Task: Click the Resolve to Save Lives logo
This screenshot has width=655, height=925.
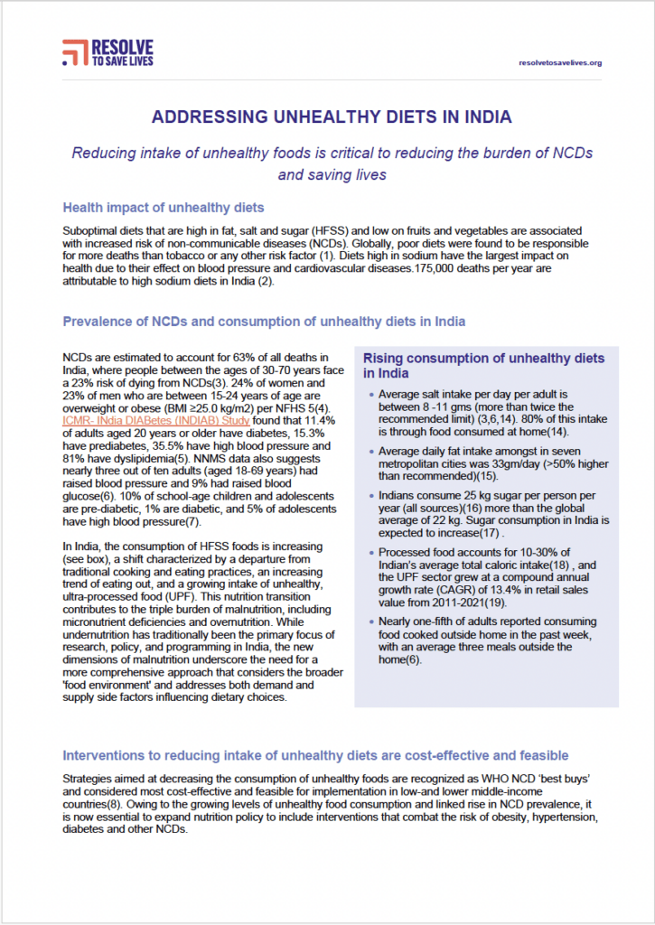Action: [108, 52]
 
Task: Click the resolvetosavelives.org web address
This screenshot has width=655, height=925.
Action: [561, 62]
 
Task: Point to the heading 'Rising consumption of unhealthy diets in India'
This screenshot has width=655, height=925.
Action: [483, 365]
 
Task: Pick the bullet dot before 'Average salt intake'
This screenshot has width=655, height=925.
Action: [371, 396]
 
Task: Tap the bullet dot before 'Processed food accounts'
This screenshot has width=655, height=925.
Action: [371, 553]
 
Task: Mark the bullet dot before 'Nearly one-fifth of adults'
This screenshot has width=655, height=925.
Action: [371, 621]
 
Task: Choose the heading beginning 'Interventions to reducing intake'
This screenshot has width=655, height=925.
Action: [314, 755]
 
